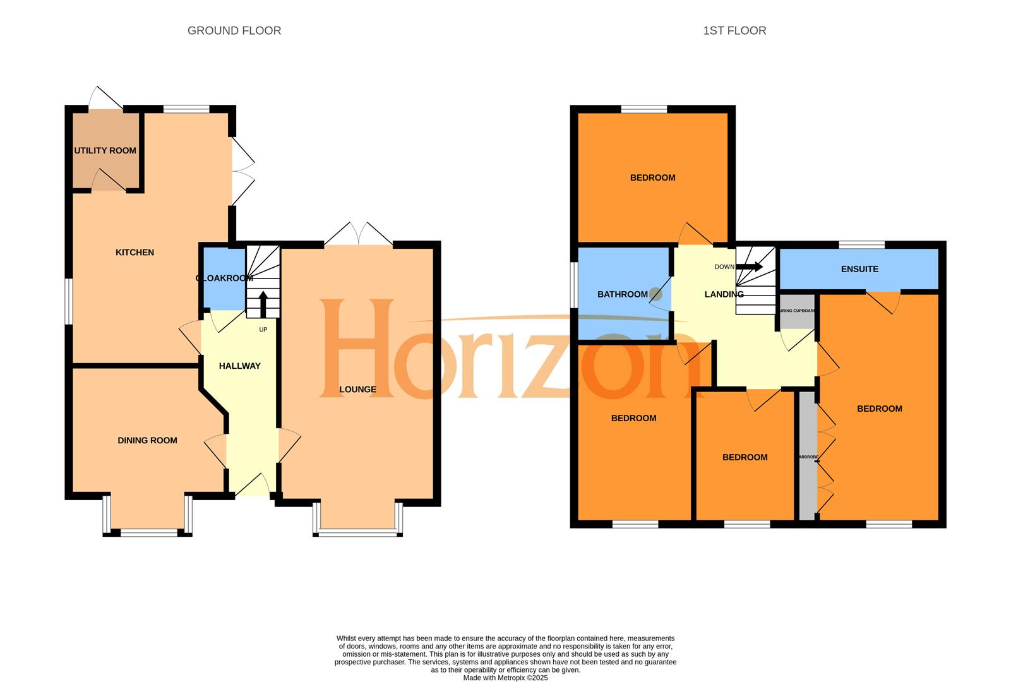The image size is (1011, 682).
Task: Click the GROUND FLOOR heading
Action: [234, 30]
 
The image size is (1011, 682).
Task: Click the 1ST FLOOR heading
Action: [734, 30]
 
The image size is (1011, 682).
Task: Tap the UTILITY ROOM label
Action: [105, 150]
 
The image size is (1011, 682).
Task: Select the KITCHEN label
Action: [135, 252]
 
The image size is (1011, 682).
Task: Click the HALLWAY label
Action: [239, 366]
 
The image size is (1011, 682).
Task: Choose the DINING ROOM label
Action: [147, 440]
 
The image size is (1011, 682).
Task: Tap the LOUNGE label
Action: [357, 389]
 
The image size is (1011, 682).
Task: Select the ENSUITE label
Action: [859, 269]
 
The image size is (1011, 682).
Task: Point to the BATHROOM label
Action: [623, 294]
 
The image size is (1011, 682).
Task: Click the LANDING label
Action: [724, 294]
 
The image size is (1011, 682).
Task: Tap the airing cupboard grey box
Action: [798, 312]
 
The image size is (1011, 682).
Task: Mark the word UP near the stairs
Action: [263, 330]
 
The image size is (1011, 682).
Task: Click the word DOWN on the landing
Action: [724, 266]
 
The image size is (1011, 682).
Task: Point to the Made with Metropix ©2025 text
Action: [505, 678]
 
